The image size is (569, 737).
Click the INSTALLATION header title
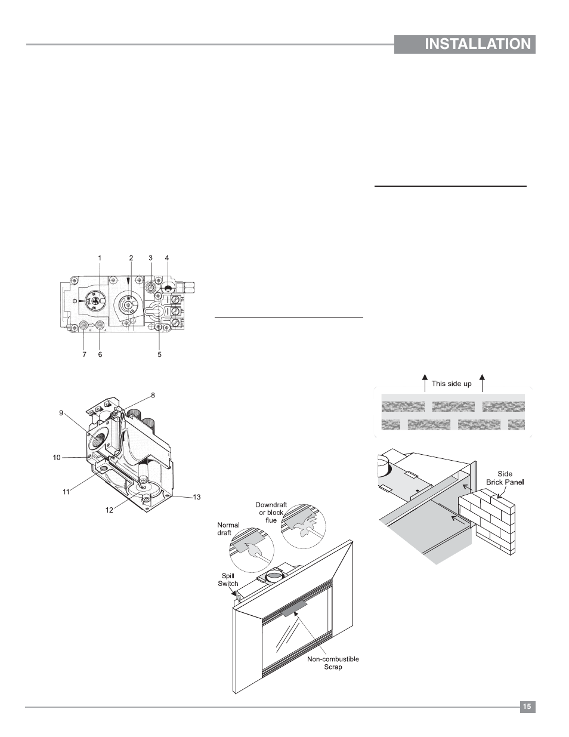tap(478, 44)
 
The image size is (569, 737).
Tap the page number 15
tap(527, 707)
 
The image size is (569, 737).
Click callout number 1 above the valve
tap(100, 258)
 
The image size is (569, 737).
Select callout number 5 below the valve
tap(160, 354)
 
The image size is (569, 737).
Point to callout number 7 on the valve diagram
tap(84, 354)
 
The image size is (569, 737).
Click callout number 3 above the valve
tap(151, 258)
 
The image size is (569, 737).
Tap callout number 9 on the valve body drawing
tap(61, 413)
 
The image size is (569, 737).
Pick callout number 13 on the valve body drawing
tap(197, 497)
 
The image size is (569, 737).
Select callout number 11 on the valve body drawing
tap(66, 492)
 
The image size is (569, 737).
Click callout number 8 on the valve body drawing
tap(153, 396)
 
